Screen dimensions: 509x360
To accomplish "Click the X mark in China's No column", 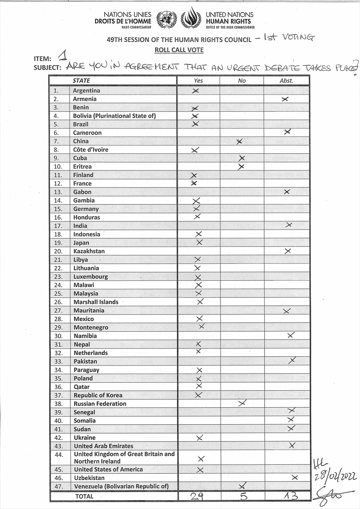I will [240, 141].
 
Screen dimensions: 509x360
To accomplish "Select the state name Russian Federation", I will [100, 404].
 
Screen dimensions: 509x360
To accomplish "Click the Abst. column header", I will [287, 81].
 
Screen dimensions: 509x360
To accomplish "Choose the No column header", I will [242, 81].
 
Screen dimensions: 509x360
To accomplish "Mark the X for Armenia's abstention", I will [285, 99].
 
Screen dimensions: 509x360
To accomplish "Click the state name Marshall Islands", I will [96, 302].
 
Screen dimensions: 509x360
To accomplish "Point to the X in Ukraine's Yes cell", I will [200, 437].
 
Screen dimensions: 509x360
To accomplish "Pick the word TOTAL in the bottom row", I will [84, 496].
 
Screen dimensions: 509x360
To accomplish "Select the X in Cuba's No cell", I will [242, 158].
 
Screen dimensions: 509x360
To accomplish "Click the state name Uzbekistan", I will [89, 478].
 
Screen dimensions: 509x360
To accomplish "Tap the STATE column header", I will [81, 81].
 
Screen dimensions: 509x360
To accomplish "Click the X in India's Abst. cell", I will [289, 224].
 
